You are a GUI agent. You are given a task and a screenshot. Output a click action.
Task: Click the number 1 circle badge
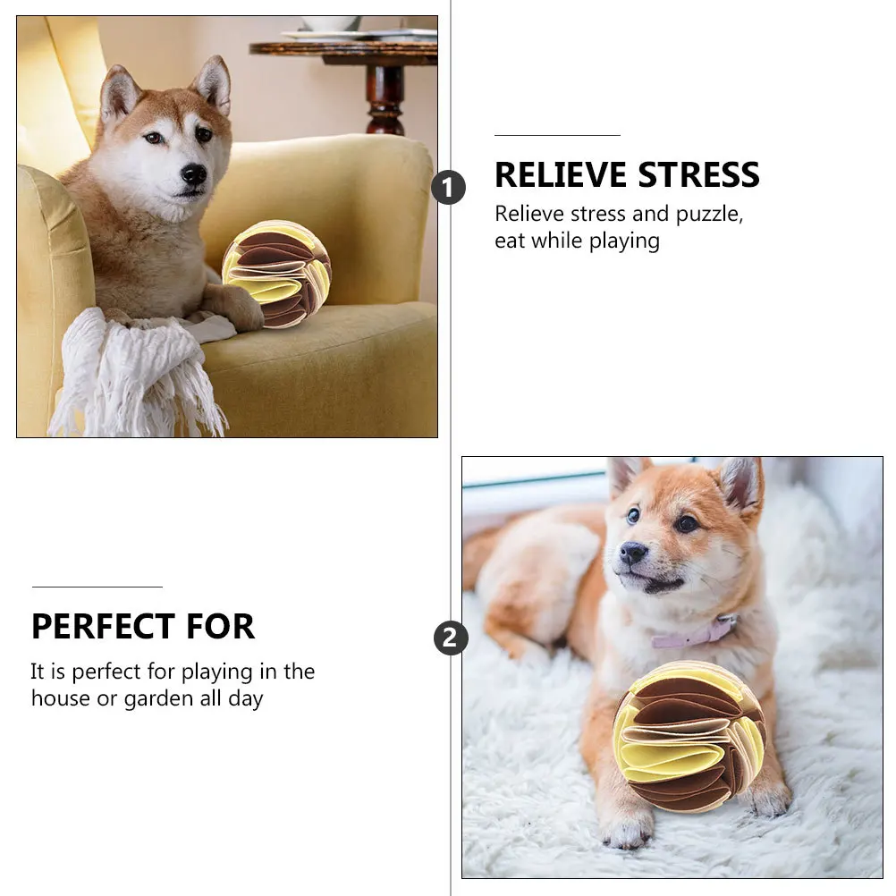tap(448, 188)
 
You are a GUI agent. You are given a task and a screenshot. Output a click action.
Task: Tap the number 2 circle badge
tap(451, 638)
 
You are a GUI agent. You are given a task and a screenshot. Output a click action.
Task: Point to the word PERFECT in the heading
tap(101, 627)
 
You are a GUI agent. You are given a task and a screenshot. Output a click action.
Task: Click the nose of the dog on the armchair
tap(193, 173)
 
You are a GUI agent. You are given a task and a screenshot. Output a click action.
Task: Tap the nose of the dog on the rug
tap(633, 553)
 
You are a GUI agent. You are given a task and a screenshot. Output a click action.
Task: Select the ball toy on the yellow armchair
tap(276, 274)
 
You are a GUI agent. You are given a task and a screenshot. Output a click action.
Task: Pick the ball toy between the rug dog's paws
tap(689, 736)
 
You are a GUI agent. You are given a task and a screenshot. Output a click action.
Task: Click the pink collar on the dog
tap(693, 637)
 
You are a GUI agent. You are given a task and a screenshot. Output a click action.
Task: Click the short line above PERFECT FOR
tap(97, 587)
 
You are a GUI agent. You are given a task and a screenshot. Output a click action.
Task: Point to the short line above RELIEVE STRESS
tap(557, 135)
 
